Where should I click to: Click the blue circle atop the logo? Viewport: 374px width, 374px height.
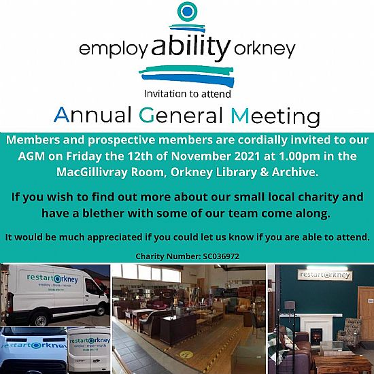(x=188, y=12)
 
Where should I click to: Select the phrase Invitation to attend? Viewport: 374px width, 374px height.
(x=188, y=94)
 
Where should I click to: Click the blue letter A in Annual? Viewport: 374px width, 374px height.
(x=62, y=115)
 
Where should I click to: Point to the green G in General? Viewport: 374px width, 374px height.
(x=146, y=115)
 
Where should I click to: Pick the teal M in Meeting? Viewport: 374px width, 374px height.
(x=240, y=116)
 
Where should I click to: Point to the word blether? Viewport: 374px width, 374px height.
(x=103, y=213)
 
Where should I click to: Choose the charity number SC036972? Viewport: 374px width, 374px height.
(x=221, y=256)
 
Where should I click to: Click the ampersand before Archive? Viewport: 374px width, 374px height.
(x=265, y=172)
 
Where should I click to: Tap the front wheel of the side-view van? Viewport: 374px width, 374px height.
(x=41, y=319)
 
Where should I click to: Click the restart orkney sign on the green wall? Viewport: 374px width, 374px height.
(x=325, y=275)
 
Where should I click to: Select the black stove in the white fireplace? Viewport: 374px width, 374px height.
(x=316, y=336)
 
